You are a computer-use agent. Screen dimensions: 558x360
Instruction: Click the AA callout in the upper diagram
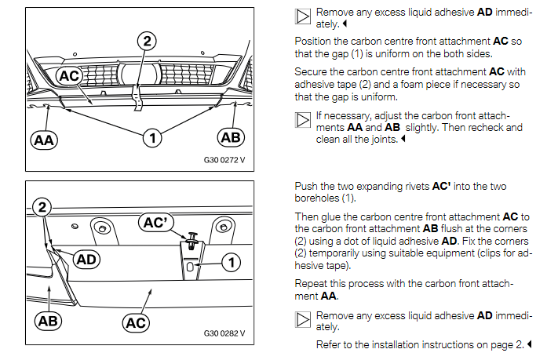[44, 140]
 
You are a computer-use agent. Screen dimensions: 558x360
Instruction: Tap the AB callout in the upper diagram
[231, 137]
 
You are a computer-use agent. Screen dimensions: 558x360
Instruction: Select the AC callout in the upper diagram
[69, 76]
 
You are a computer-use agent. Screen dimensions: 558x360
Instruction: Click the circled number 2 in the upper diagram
[147, 41]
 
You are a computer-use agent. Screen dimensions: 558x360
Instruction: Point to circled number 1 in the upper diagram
[152, 138]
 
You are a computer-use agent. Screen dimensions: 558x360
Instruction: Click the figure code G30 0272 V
[224, 160]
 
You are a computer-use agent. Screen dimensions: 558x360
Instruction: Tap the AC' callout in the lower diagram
[156, 222]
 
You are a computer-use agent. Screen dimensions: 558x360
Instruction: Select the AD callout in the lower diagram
[86, 260]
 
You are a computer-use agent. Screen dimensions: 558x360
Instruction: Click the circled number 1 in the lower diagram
[232, 263]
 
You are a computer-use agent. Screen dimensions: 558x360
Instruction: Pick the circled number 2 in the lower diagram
[42, 207]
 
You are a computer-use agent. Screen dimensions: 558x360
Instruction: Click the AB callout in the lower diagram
[48, 321]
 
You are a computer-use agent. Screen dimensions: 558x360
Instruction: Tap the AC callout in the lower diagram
[136, 323]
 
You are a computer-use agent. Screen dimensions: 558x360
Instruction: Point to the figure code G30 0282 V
[224, 333]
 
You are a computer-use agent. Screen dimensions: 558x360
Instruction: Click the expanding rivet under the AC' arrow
[192, 241]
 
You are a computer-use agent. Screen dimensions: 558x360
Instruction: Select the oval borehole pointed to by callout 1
[190, 267]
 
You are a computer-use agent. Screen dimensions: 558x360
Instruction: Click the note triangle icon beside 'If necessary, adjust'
[303, 120]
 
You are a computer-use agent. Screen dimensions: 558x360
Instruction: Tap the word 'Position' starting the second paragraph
[312, 42]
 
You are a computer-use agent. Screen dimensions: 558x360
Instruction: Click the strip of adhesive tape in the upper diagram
[137, 97]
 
